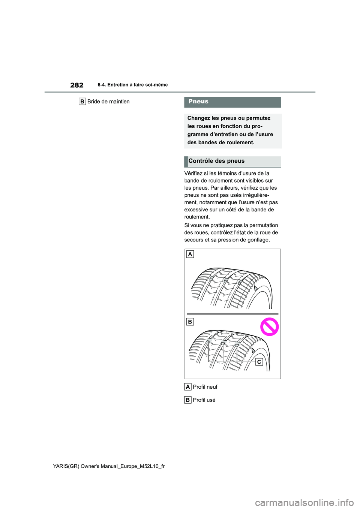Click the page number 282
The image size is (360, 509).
coord(77,85)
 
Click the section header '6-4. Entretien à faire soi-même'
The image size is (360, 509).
coord(132,85)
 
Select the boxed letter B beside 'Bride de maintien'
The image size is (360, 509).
coord(82,102)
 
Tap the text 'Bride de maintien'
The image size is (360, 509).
coord(108,102)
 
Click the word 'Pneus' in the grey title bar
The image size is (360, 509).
coord(198,102)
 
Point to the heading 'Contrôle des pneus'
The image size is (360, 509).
coord(216,161)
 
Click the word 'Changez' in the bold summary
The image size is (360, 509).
coord(198,118)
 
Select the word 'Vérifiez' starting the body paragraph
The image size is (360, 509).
coord(194,173)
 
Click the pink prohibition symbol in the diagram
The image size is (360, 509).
coord(269,327)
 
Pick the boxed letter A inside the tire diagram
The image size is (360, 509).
coord(190,254)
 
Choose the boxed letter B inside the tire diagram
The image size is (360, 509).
coord(190,322)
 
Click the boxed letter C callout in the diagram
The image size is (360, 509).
coord(259,362)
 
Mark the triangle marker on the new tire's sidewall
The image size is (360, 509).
coord(256,288)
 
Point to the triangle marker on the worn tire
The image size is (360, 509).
coord(253,350)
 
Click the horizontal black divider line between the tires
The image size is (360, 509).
coord(232,314)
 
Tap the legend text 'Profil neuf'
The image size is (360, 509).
coord(205,387)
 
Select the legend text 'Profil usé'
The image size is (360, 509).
coord(204,400)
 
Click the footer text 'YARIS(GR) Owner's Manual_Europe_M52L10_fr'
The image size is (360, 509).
coord(109,466)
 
